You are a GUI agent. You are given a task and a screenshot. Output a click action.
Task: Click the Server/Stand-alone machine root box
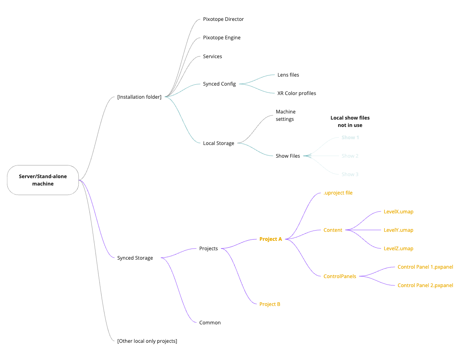coord(43,180)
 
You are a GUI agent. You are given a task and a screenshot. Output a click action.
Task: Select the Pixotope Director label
coord(223,19)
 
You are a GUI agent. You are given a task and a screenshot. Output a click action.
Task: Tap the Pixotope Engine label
coord(222,38)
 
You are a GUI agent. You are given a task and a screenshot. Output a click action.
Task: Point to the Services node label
coord(212,57)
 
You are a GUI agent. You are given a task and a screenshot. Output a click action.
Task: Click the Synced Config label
coord(219,84)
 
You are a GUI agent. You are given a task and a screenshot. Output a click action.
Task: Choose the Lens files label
coord(288,75)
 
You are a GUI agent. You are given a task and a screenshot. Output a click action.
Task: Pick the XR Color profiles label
coord(297,93)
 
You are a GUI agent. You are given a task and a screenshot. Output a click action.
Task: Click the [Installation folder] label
coord(139,97)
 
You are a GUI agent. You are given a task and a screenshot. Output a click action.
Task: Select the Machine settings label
coord(286,115)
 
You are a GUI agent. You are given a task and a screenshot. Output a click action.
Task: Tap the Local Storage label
coord(218,143)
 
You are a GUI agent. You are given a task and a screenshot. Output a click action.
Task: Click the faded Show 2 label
coord(350,156)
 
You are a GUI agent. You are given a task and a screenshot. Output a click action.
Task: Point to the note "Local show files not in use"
coord(350,121)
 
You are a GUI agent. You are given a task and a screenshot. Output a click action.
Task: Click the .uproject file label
coord(338,193)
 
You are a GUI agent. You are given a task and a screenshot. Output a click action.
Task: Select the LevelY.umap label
coord(398,230)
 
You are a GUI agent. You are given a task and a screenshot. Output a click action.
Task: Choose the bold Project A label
coord(271,239)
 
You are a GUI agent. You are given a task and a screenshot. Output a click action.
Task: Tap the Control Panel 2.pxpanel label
coord(425,285)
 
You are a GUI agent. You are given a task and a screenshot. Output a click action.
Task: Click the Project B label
coord(270,304)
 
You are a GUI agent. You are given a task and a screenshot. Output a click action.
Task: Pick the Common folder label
coord(210,323)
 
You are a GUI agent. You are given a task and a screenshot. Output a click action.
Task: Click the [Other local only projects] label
coord(147,341)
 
